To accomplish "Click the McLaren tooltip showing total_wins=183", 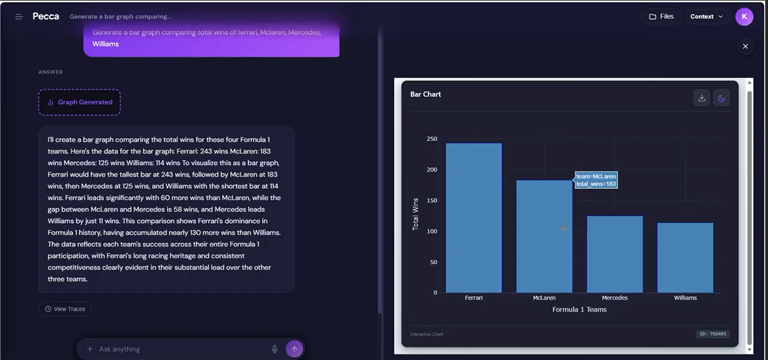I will coord(596,180).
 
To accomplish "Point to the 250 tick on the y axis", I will coord(432,139).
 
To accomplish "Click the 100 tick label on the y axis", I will coord(432,231).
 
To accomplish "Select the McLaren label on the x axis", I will coord(544,298).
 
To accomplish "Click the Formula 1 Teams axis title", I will coord(579,309).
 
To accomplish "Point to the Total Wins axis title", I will coord(416,214).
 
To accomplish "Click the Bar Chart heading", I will coord(426,94).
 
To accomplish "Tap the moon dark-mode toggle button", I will coord(721,98).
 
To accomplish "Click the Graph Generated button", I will coord(79,102).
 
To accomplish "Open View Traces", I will coord(65,309).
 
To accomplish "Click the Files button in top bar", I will coord(661,17).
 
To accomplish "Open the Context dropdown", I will coord(707,17).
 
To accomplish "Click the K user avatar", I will coord(744,17).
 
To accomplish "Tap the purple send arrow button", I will coord(294,349).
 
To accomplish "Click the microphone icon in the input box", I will coord(275,349).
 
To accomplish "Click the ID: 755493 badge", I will coord(713,334).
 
